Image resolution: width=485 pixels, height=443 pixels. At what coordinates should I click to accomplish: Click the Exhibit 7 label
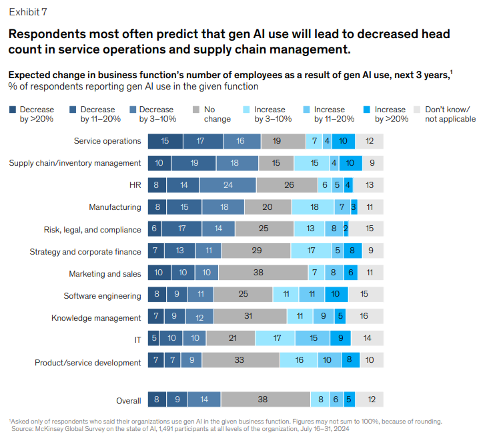point(28,12)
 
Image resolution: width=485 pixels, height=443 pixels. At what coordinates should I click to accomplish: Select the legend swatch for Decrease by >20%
point(13,110)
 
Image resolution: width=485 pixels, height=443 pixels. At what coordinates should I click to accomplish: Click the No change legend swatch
point(195,110)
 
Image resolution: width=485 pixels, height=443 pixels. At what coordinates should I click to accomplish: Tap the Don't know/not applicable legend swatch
point(418,110)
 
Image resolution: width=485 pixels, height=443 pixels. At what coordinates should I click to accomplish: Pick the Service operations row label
point(107,141)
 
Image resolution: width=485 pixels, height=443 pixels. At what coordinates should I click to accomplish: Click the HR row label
point(135,185)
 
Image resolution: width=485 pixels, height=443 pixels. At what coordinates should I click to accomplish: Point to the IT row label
point(137,340)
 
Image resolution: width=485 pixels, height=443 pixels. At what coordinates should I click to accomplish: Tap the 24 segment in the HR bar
point(227,185)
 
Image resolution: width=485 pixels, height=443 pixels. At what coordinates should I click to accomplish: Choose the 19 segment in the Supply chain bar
point(193,163)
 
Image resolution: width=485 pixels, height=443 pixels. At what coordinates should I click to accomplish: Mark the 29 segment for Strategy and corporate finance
point(256,252)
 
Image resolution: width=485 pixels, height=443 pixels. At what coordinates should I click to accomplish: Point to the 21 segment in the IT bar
point(232,340)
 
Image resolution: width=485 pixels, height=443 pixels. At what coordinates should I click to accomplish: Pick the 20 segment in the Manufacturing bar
point(268,207)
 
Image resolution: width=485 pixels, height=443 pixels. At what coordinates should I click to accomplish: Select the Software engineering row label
point(102,296)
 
